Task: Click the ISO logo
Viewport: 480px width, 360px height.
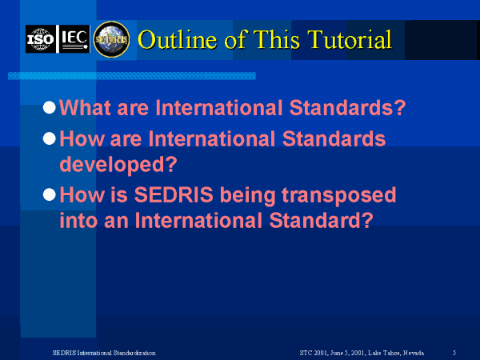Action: (x=41, y=39)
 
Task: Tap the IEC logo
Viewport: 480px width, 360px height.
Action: (x=74, y=39)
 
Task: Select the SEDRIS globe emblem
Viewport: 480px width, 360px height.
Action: (x=111, y=39)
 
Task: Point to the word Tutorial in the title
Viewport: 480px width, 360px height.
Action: (x=350, y=39)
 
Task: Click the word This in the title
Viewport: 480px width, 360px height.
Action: (x=277, y=39)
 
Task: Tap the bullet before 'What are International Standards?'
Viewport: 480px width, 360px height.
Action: (x=50, y=107)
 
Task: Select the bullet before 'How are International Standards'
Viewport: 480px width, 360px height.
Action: (x=50, y=138)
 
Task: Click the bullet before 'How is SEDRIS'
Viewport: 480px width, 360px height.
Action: (x=50, y=194)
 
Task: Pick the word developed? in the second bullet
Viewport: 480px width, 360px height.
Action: (x=118, y=165)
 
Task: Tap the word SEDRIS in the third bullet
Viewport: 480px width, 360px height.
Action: (x=174, y=194)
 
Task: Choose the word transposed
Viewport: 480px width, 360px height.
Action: (x=339, y=196)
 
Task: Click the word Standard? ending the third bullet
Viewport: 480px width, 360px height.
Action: (x=322, y=221)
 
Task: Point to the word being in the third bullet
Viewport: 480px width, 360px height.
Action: (x=248, y=196)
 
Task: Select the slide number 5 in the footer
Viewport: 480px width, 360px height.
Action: (x=454, y=353)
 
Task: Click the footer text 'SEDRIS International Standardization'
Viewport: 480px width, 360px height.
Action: (x=104, y=353)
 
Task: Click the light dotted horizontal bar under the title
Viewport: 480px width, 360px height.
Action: (x=132, y=76)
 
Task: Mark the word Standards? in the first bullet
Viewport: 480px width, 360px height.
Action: (x=347, y=107)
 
